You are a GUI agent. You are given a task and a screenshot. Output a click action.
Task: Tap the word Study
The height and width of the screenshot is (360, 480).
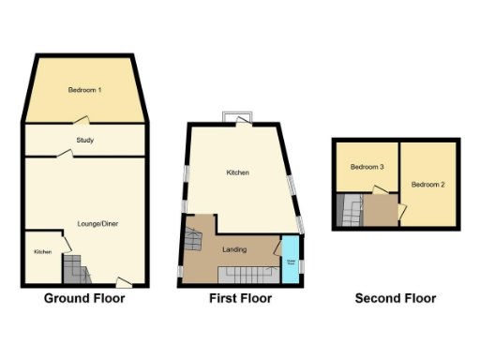point(84,141)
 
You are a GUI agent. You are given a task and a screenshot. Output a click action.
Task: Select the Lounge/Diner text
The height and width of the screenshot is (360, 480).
point(98,223)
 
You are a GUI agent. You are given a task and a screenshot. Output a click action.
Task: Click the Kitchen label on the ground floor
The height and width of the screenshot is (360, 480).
point(42,252)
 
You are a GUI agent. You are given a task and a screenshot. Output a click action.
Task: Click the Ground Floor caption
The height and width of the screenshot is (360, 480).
point(84,299)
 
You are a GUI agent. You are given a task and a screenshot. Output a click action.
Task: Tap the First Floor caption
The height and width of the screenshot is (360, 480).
point(240,299)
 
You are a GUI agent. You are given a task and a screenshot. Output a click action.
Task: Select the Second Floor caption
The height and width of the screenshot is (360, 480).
point(395,299)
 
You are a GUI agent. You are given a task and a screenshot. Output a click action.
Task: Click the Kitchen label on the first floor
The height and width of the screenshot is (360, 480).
point(237,172)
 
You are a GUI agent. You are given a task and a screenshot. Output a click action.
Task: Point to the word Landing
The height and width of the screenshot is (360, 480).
point(234,250)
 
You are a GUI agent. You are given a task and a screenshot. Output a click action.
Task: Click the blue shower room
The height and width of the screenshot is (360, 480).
point(292,262)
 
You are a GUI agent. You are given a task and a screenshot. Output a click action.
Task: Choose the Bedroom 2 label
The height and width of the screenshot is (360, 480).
point(427,185)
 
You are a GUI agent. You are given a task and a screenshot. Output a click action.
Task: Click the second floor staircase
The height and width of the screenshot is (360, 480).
point(352,211)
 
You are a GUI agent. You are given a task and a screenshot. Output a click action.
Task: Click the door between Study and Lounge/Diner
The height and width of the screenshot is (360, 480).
point(66,155)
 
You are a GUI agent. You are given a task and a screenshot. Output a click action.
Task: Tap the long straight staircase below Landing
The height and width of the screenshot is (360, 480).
point(249,276)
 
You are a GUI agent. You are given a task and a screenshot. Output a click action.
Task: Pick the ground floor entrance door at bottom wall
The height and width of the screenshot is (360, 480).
point(122,281)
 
